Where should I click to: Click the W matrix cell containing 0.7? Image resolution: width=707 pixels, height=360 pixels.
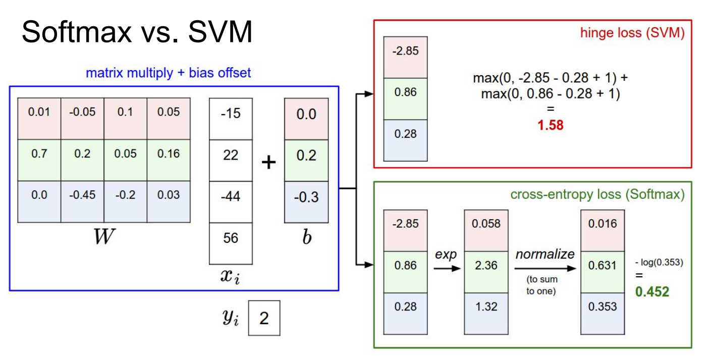(x=39, y=153)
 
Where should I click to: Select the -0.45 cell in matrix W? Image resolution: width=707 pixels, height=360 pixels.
(x=82, y=195)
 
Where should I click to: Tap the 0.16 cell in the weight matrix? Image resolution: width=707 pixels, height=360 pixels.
(x=169, y=153)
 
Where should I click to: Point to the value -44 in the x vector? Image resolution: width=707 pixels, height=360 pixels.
(x=231, y=196)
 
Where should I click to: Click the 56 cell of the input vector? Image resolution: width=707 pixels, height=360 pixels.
(x=231, y=238)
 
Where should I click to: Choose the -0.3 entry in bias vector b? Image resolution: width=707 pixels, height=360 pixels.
(x=306, y=196)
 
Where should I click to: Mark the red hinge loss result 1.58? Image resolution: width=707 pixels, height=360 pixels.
(x=550, y=125)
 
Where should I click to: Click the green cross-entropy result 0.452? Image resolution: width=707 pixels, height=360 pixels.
(x=652, y=292)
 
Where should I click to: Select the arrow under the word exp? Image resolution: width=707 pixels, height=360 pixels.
(x=447, y=269)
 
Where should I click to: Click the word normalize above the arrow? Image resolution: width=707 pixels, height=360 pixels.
(x=545, y=254)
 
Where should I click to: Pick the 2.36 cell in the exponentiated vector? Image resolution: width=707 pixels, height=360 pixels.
(x=486, y=265)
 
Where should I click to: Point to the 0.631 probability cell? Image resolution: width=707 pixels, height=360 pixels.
(x=602, y=265)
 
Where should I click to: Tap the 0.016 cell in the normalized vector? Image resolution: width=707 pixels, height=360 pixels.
(x=602, y=224)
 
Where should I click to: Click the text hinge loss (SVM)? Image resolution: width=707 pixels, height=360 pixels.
(x=632, y=33)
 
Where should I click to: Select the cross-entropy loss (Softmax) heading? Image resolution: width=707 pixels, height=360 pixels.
(x=597, y=195)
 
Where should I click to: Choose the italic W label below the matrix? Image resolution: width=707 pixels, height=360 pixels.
(x=101, y=237)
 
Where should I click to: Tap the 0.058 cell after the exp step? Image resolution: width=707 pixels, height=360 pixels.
(x=486, y=224)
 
